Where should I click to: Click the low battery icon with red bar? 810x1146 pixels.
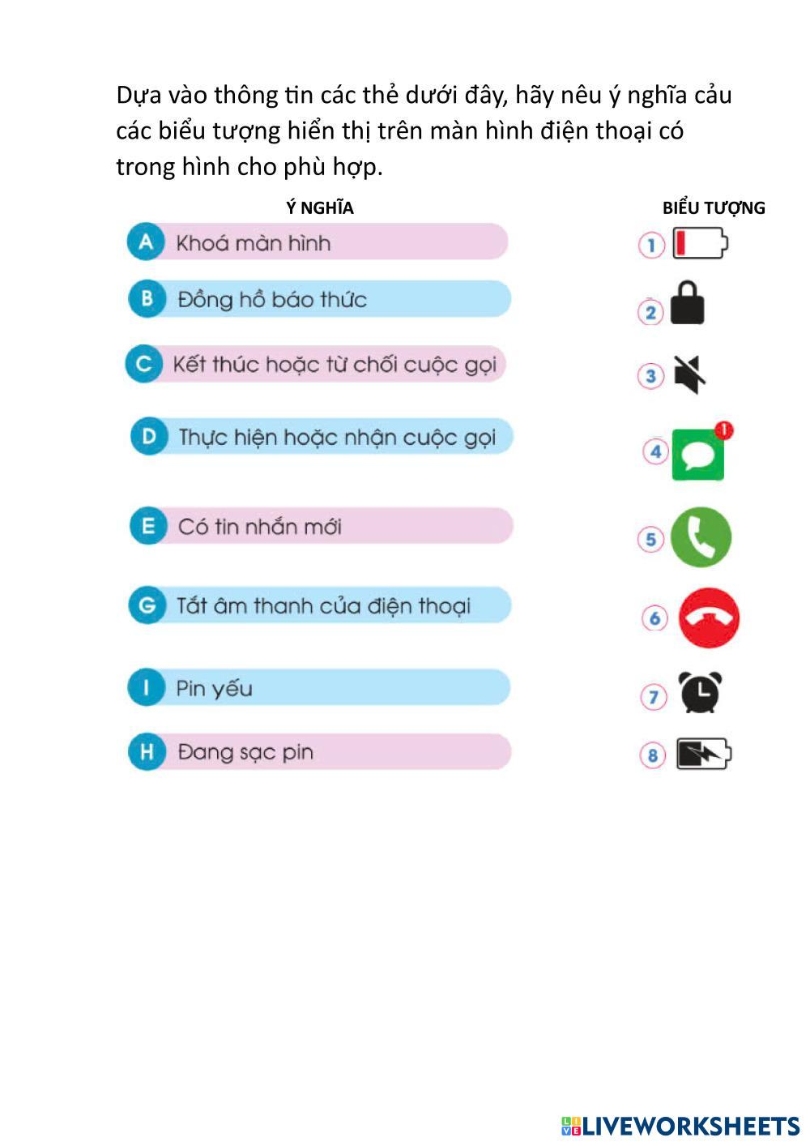[x=701, y=243]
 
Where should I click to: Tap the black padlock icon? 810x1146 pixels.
[x=688, y=304]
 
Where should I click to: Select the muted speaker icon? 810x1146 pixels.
[x=689, y=375]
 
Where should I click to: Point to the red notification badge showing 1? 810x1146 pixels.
[x=724, y=430]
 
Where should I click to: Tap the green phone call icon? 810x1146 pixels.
[x=701, y=537]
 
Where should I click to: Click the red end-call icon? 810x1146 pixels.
[x=708, y=618]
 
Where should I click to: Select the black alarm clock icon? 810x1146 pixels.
[x=700, y=693]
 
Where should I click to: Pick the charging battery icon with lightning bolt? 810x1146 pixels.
[x=702, y=754]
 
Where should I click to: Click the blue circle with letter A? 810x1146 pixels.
[x=146, y=242]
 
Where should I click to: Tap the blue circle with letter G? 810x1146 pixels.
[x=147, y=605]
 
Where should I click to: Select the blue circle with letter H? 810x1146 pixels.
[x=147, y=752]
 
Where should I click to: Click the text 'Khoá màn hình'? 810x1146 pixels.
[x=253, y=243]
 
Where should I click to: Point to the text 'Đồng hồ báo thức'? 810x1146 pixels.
[x=272, y=300]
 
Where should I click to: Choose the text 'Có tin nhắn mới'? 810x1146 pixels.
[x=259, y=527]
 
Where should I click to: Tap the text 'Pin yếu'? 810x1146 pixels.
[x=214, y=689]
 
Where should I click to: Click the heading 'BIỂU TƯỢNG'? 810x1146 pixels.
[x=714, y=208]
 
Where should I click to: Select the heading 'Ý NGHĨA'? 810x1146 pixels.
[x=319, y=208]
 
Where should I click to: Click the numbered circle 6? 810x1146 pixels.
[x=654, y=618]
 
